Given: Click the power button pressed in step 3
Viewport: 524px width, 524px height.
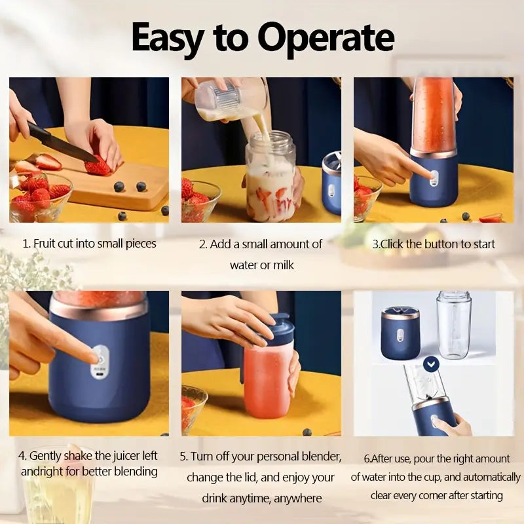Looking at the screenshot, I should point(431,175).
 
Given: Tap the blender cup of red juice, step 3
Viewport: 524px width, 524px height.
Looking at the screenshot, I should point(433,118).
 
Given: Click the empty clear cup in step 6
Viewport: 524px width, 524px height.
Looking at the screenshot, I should point(454,326).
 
